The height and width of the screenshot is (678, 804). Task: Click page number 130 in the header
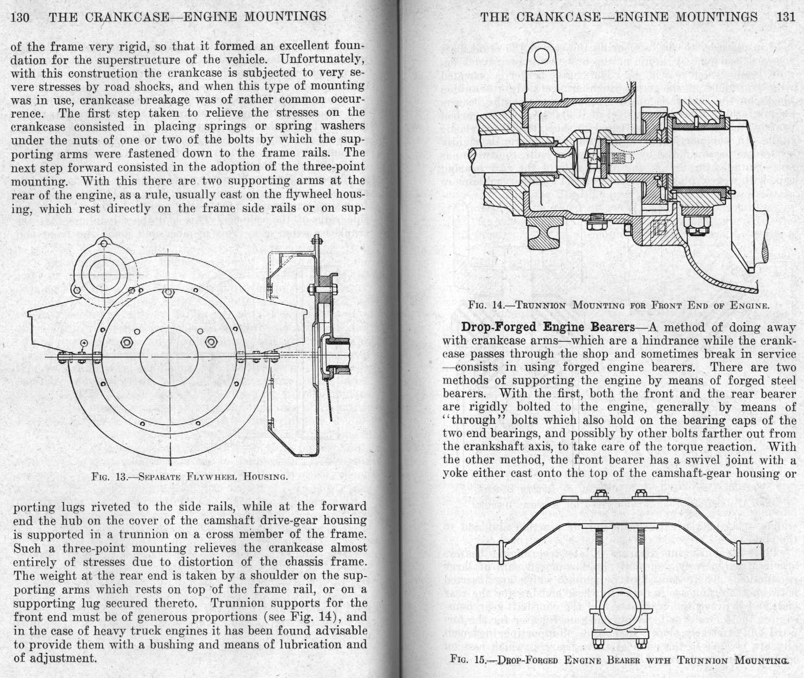coord(20,17)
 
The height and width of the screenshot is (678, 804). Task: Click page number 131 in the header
coord(785,17)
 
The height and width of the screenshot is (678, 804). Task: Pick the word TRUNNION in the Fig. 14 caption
coord(542,305)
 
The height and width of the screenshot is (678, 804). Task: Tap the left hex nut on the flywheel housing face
coord(126,342)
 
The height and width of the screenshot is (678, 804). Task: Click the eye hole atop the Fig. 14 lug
coord(541,56)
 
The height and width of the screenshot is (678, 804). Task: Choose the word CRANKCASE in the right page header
coord(558,17)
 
